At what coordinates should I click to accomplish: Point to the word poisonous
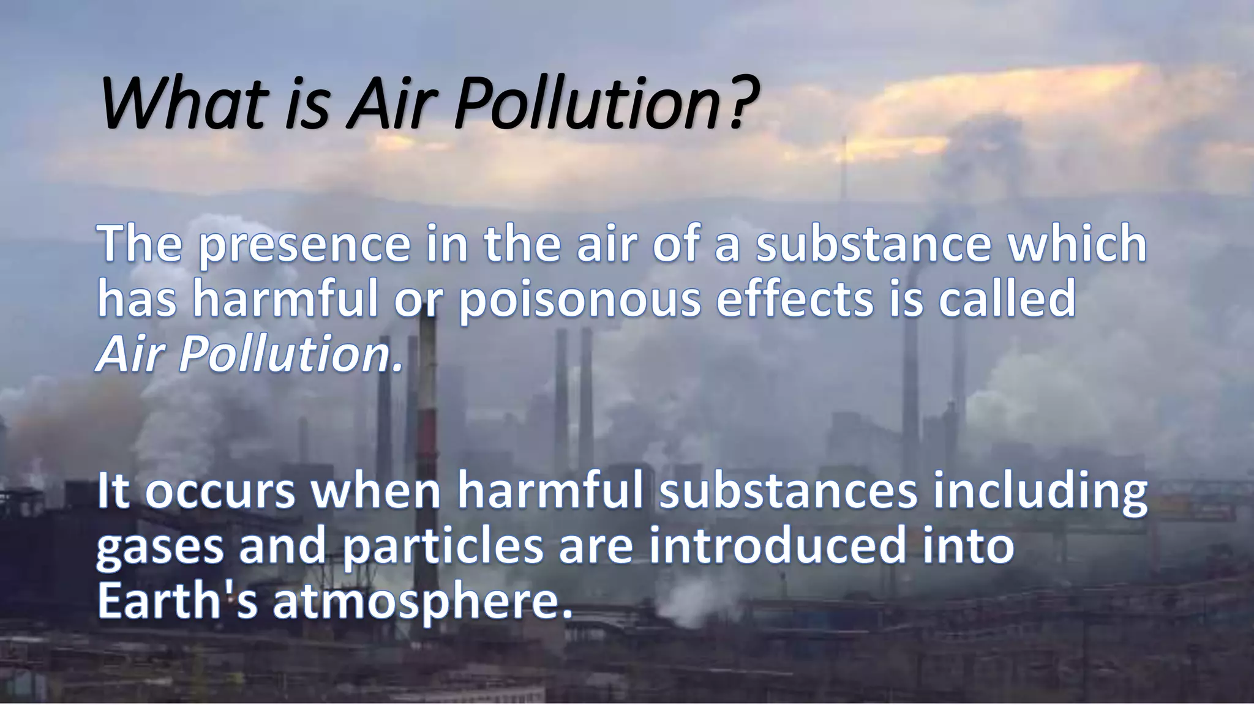579,300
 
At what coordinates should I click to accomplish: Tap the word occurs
221,493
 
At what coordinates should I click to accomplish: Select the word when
376,492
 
